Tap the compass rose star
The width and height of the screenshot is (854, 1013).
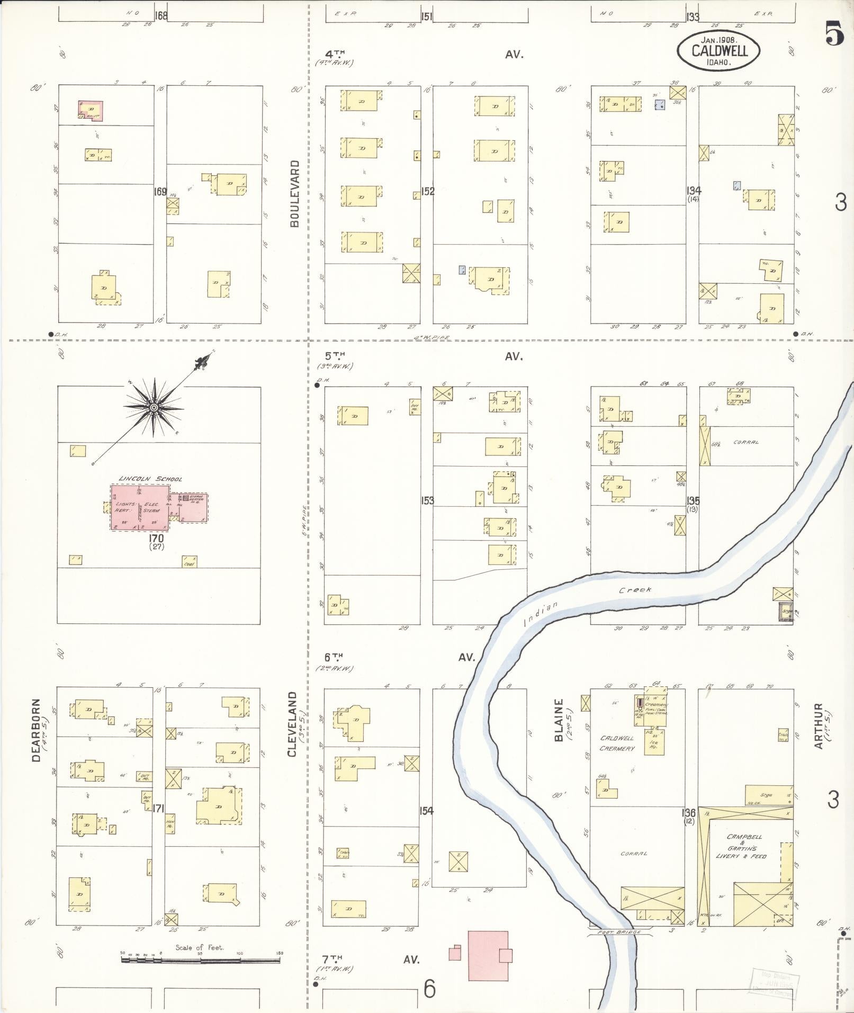click(154, 407)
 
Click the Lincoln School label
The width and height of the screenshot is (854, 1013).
click(150, 479)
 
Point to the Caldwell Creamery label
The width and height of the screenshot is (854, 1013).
click(617, 743)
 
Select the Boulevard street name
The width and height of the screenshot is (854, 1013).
click(295, 193)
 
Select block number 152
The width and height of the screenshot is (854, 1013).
click(428, 191)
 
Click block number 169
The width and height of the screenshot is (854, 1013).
click(160, 191)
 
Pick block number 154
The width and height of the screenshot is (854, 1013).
click(427, 811)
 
